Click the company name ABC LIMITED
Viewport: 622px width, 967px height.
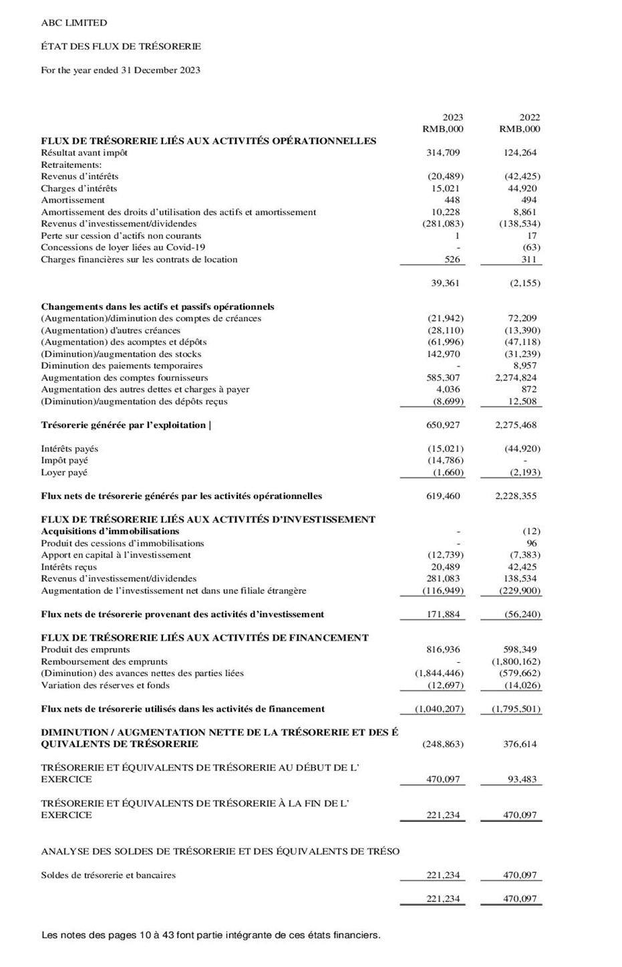coord(73,23)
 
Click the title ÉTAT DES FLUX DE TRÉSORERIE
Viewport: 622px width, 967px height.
coord(121,46)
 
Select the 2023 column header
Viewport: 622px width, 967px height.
coord(452,117)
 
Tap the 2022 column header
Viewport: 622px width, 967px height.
coord(530,117)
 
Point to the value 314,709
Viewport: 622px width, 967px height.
coord(443,152)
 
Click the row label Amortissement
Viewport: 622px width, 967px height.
coord(73,200)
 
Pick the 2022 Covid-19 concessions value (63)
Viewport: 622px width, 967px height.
coord(532,247)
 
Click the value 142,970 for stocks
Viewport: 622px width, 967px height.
coord(443,354)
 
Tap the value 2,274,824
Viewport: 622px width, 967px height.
coord(516,378)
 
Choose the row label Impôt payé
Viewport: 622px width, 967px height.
coord(64,461)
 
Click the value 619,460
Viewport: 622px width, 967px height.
coord(443,496)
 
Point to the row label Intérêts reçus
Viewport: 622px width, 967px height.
coord(69,567)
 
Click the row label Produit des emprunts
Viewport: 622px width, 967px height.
coord(86,649)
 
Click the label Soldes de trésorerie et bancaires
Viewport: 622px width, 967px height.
coord(108,875)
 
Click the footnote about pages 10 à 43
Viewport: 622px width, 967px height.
coord(210,935)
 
